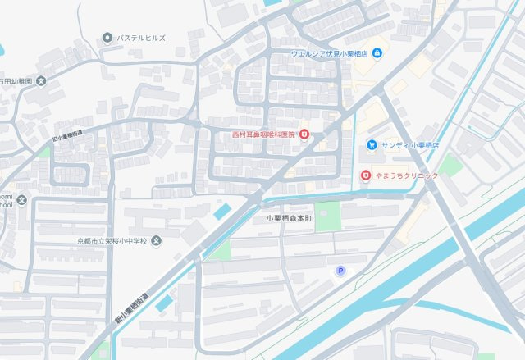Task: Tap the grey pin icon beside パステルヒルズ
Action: [x=107, y=39]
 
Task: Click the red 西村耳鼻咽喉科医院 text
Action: [x=262, y=132]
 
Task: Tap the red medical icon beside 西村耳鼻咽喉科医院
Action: [x=304, y=132]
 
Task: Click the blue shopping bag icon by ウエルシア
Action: [x=377, y=54]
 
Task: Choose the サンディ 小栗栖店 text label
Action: [x=410, y=145]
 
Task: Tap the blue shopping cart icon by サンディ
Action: [x=372, y=145]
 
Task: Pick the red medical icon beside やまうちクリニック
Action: [x=366, y=175]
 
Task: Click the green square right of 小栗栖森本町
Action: [x=327, y=216]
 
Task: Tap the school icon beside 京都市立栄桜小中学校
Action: [x=157, y=241]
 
